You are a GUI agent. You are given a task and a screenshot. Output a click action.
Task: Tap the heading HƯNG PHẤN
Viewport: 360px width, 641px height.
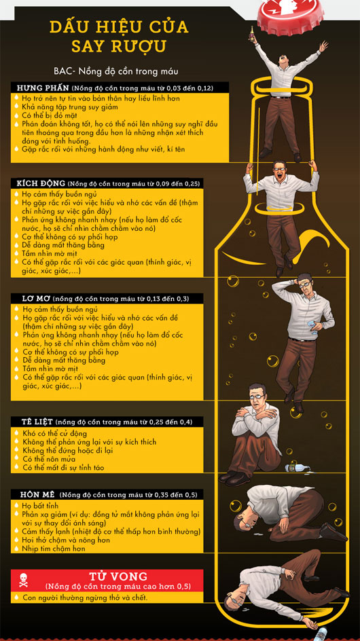[43, 88]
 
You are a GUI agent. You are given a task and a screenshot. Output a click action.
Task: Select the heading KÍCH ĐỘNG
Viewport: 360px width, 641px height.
[41, 183]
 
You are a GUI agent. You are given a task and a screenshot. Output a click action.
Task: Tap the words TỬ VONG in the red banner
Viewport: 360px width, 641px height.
[118, 576]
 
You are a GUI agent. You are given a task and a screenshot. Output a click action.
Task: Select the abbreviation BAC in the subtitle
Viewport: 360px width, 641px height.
[61, 71]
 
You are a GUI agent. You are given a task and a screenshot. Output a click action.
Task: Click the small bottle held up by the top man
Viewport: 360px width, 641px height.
[253, 33]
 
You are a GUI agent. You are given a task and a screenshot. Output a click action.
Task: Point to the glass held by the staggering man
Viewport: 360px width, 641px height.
[313, 328]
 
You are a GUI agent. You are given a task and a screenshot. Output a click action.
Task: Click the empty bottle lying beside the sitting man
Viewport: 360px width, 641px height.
[299, 466]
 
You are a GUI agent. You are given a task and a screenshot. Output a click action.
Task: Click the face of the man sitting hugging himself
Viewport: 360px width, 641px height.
[257, 396]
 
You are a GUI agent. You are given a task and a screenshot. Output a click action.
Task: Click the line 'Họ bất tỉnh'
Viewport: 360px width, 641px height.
[40, 507]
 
